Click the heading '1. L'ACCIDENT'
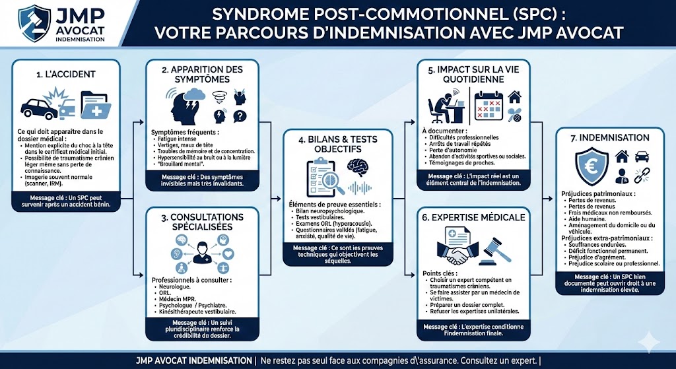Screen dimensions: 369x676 (x=66, y=75)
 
